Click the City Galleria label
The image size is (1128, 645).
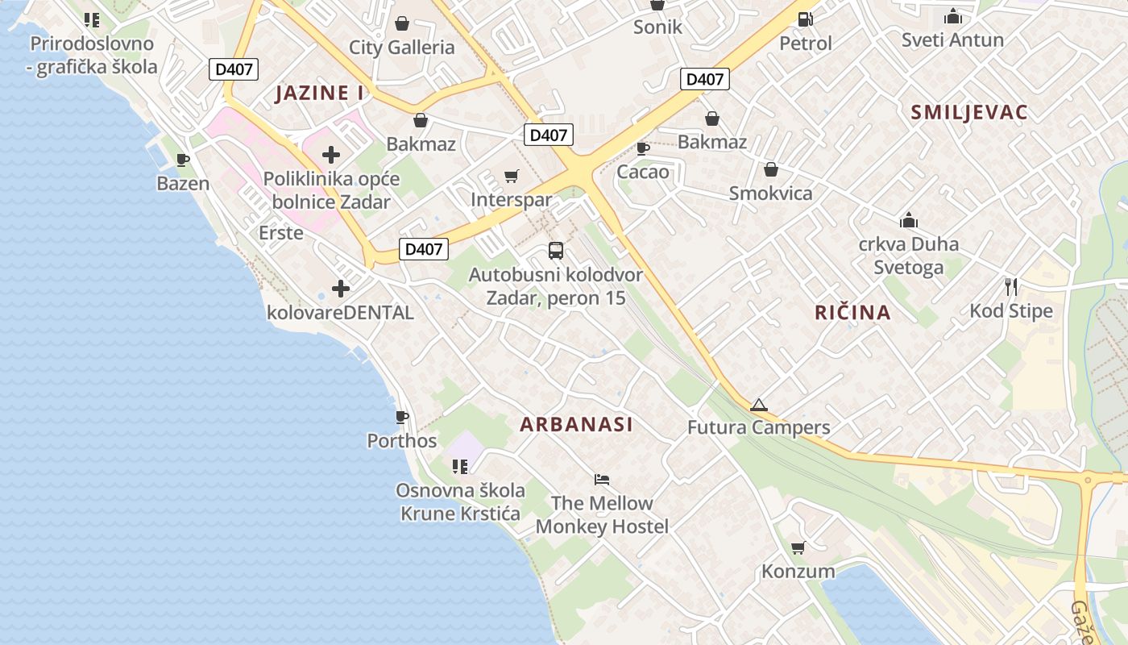pos(401,48)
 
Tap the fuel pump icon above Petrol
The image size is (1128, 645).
pos(804,19)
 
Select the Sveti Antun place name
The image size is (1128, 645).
pos(952,40)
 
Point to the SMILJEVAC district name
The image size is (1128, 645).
pos(969,112)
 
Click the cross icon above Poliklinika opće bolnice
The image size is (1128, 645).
pos(330,155)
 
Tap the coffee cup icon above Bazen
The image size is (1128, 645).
pos(183,160)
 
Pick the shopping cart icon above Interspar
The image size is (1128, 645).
pos(511,176)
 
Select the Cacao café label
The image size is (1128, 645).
pos(642,172)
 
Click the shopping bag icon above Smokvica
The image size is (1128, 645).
pos(770,169)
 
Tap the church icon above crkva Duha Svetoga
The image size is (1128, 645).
pos(909,220)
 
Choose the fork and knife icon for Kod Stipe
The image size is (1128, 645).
pos(1011,286)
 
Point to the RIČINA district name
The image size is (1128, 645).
pos(852,313)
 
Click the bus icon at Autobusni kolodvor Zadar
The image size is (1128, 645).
pos(556,250)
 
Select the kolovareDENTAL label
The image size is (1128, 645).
pos(340,313)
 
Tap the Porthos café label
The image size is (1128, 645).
pos(402,441)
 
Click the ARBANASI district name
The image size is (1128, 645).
pos(576,424)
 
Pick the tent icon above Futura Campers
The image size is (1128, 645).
pos(758,405)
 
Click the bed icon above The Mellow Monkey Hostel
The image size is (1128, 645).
pos(602,480)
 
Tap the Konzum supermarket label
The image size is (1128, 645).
pos(798,572)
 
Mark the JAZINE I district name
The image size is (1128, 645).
pos(319,93)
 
